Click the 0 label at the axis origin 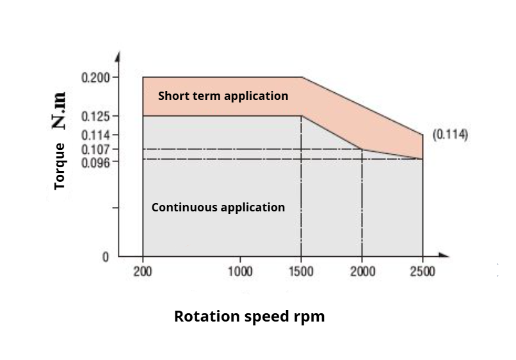click(106, 257)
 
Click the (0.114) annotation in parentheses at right click(451, 135)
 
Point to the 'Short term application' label click(223, 96)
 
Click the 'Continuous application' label click(218, 208)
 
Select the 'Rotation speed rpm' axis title click(249, 316)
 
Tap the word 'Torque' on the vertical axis click(60, 166)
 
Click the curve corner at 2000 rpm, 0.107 click(362, 149)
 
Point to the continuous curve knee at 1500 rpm click(301, 116)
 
